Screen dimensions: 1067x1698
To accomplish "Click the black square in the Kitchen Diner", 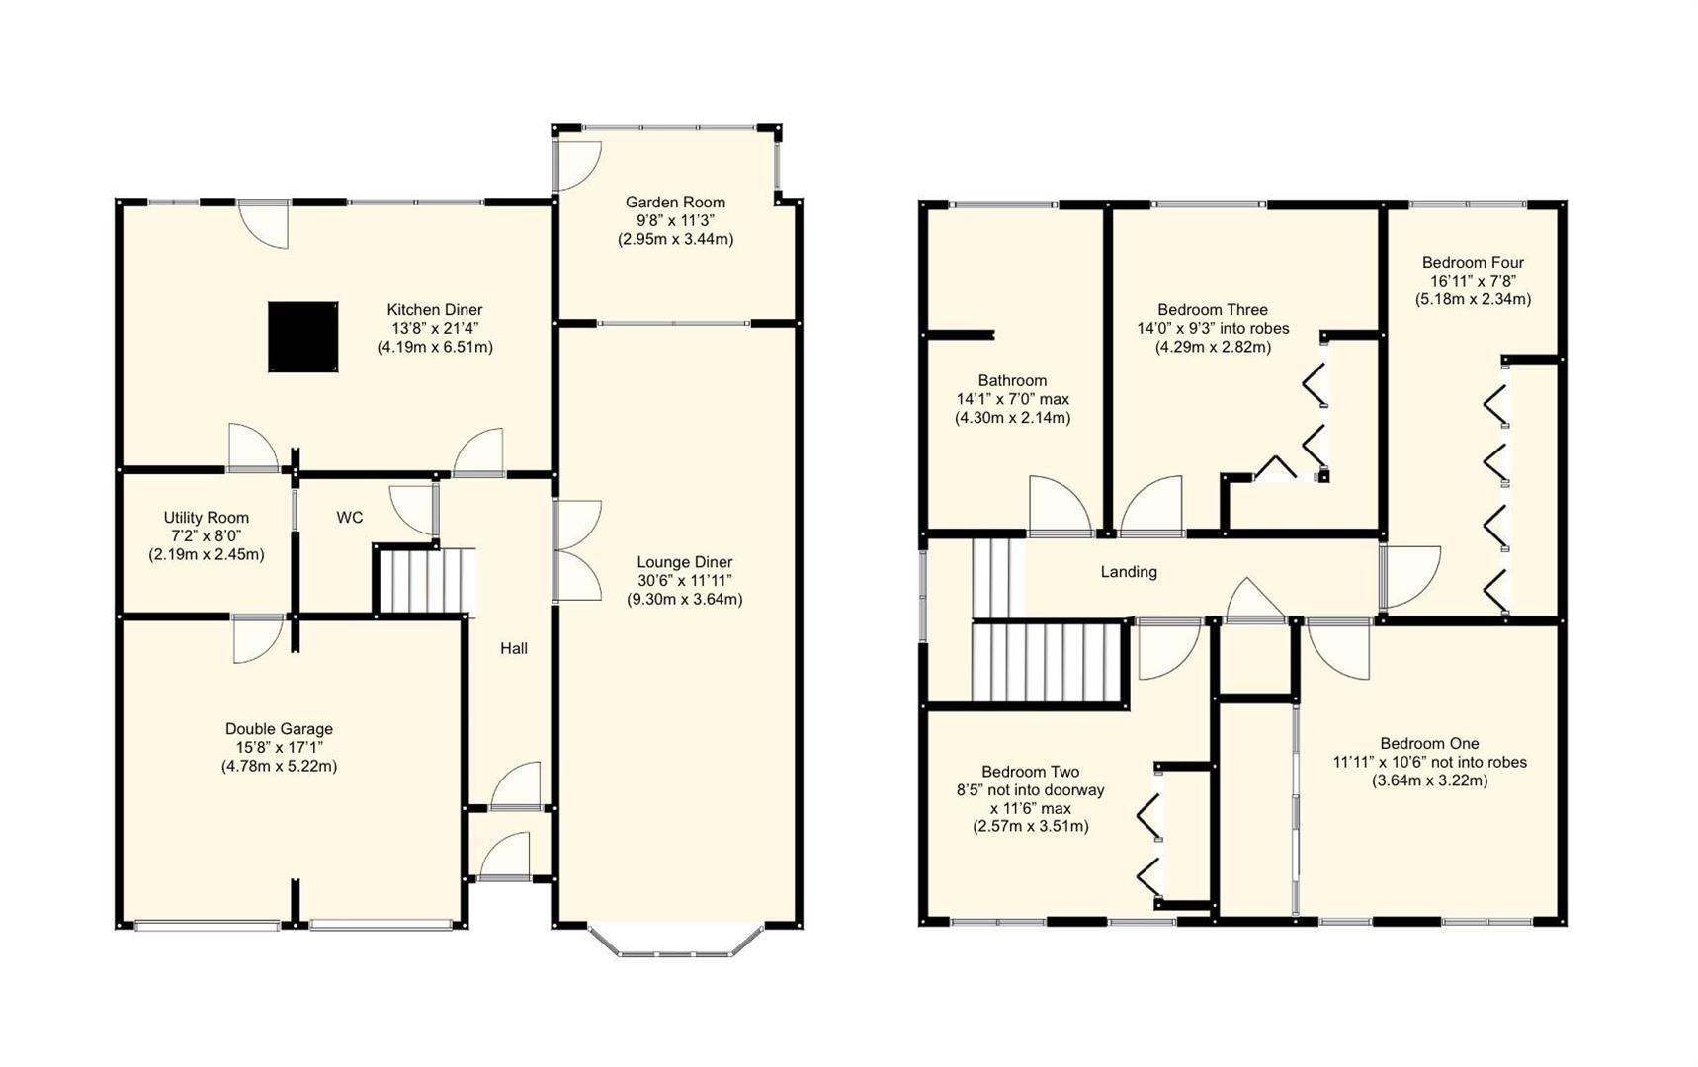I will click(x=302, y=337).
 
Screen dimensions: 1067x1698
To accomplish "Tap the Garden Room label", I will click(x=675, y=202).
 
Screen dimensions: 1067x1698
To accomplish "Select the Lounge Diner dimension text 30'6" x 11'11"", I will click(x=684, y=581).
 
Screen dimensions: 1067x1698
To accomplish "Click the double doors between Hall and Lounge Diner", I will click(x=577, y=551).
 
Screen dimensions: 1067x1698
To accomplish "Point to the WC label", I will click(x=350, y=518).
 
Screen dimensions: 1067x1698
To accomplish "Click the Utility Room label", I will click(x=206, y=518).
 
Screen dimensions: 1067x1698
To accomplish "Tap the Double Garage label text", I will click(x=279, y=729).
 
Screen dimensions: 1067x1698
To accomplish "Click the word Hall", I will click(x=513, y=648).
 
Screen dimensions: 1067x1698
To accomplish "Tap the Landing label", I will click(x=1129, y=572).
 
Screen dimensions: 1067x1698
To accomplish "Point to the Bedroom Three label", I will click(x=1213, y=310).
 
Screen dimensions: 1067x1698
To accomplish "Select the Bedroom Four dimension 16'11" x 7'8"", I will click(x=1473, y=281).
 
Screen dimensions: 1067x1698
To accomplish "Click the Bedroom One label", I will click(x=1429, y=744).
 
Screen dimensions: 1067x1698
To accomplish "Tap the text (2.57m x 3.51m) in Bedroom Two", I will click(x=1030, y=826).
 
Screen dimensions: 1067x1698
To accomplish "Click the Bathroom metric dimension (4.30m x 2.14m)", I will click(x=1012, y=418).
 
